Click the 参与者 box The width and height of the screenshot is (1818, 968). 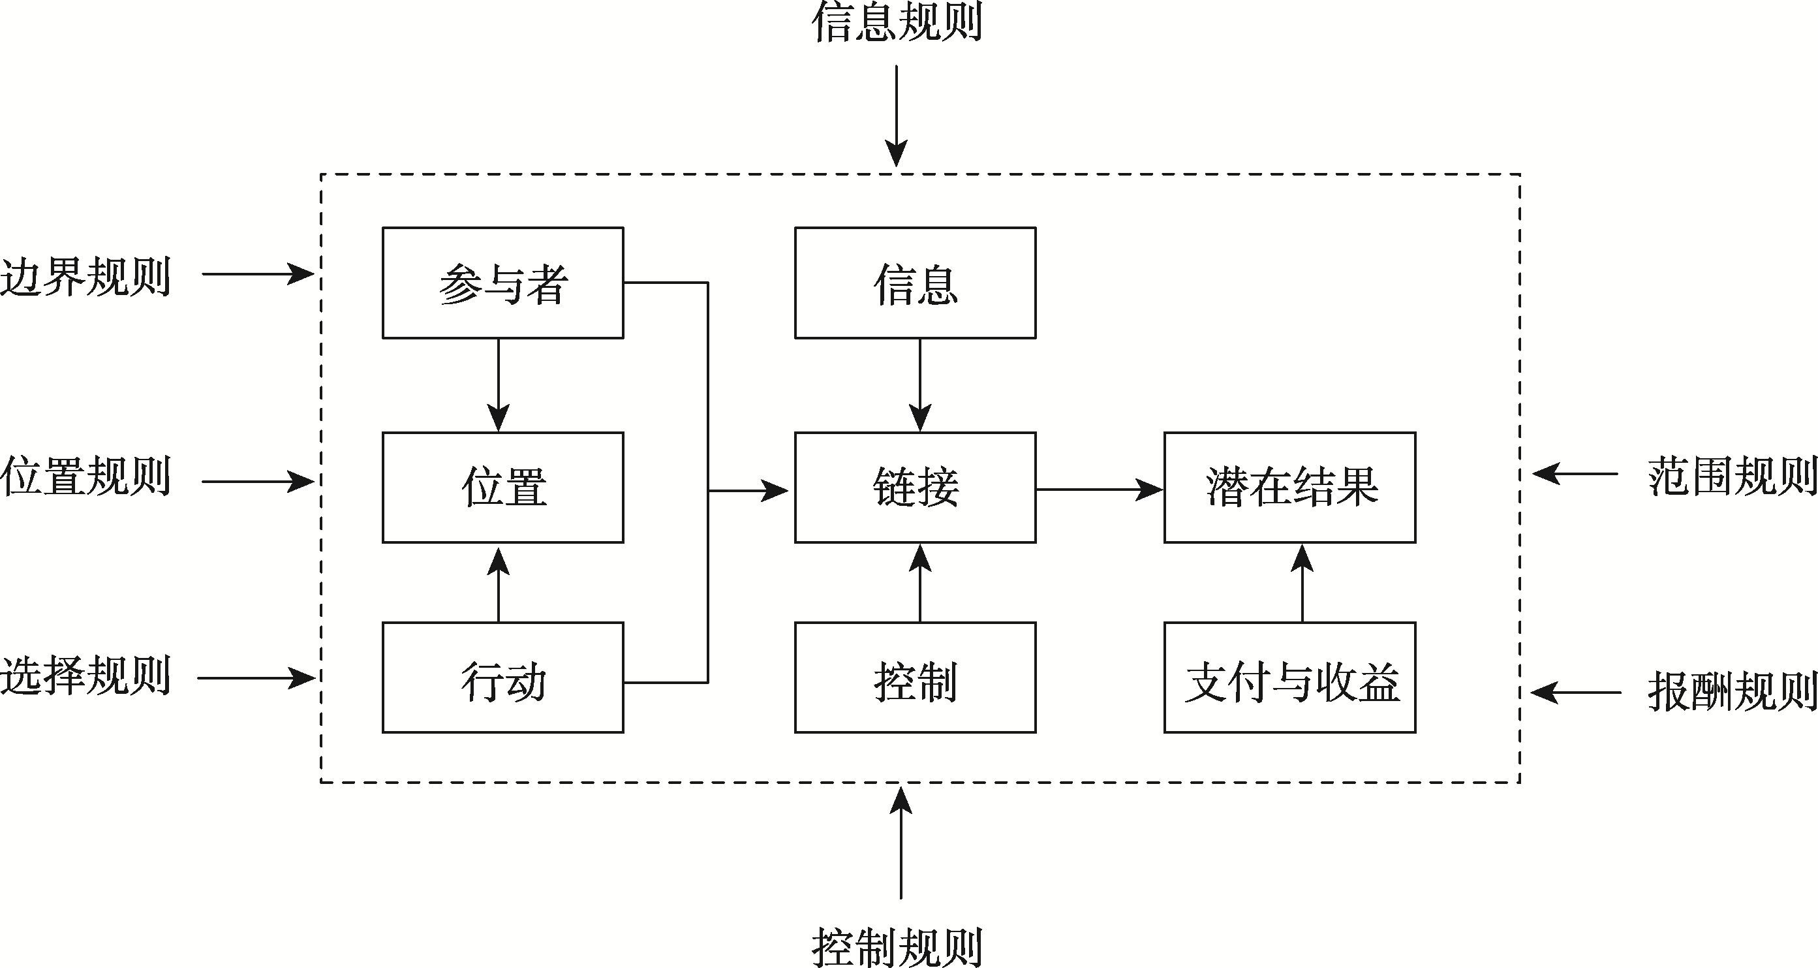click(502, 283)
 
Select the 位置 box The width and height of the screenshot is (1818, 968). click(502, 487)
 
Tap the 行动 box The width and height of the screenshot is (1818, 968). click(502, 678)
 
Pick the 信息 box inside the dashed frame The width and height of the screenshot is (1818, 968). click(915, 283)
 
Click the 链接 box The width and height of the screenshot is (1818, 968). click(915, 487)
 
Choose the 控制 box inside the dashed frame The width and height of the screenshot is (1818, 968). click(915, 678)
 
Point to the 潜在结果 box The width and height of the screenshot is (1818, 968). click(1289, 487)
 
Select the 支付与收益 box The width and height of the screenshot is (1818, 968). click(1289, 678)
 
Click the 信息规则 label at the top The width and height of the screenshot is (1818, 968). click(897, 23)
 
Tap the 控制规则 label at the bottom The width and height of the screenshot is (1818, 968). click(897, 946)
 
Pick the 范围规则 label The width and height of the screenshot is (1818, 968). click(1732, 476)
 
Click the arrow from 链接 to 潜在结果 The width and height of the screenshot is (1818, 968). click(1098, 490)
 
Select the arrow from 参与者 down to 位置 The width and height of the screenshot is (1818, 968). click(499, 385)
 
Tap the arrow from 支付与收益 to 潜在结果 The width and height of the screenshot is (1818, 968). click(1302, 582)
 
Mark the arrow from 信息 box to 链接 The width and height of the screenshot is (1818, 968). click(919, 385)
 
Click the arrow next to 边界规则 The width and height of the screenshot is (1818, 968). click(257, 273)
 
